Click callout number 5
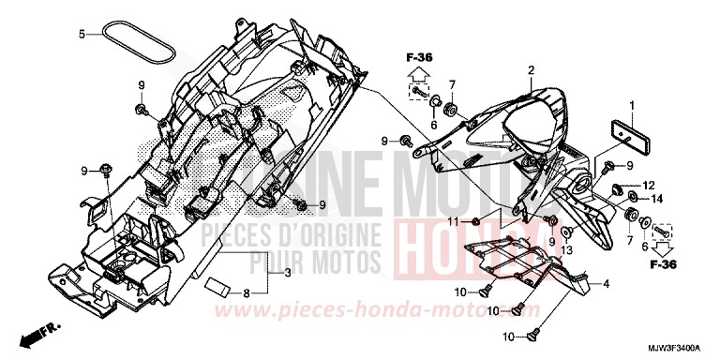point(82,34)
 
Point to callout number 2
point(530,70)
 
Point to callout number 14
point(655,199)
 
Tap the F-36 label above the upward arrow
point(419,58)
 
